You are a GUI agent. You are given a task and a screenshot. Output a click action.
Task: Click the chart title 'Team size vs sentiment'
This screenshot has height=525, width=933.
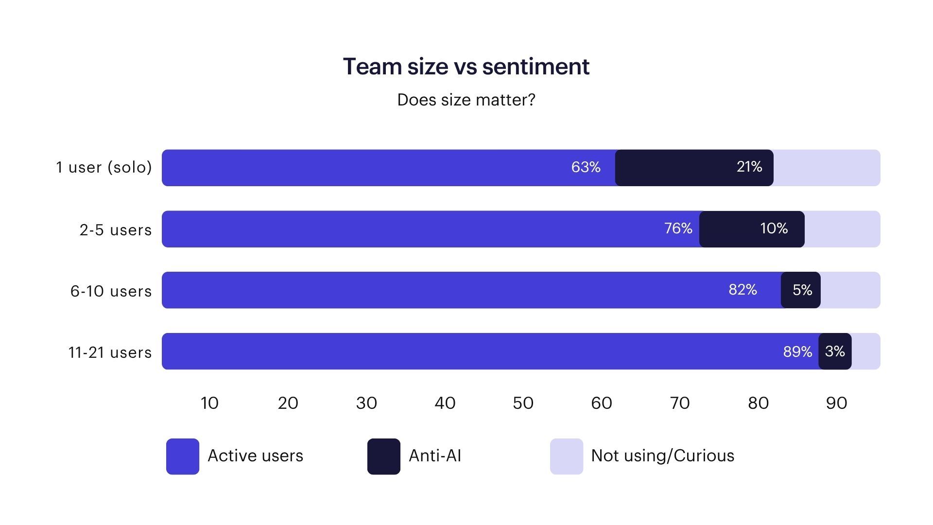[466, 67]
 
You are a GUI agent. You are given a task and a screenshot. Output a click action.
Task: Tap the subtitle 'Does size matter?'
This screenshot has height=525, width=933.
[466, 100]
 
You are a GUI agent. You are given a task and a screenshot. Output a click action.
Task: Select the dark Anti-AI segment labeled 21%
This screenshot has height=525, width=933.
[694, 168]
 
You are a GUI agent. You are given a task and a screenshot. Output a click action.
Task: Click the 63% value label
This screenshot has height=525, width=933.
[586, 167]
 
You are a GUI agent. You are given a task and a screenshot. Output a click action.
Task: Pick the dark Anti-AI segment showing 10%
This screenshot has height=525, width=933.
[751, 229]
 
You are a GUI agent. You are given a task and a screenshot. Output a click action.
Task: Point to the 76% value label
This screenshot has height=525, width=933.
[678, 228]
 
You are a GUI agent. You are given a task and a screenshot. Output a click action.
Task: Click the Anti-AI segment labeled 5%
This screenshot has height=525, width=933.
[800, 290]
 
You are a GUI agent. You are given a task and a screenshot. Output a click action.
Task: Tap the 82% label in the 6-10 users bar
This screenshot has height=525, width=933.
[743, 290]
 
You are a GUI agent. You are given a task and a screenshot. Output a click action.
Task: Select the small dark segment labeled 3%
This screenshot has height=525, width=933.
[835, 351]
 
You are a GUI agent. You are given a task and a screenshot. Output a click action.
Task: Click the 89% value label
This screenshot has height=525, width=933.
[797, 351]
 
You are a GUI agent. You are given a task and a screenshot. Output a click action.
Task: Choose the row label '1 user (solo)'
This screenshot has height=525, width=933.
[104, 168]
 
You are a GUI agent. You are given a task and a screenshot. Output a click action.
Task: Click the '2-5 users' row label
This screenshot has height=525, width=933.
[116, 229]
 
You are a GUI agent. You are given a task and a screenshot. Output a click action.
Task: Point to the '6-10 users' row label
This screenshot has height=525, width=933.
[111, 291]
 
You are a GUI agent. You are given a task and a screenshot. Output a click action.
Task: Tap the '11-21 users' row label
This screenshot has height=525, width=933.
[110, 352]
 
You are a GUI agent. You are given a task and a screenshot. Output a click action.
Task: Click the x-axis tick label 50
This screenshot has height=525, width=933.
[523, 403]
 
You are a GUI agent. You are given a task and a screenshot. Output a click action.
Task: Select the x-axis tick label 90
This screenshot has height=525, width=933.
[836, 403]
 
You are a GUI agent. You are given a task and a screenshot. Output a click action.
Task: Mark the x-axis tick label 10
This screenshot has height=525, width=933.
[209, 403]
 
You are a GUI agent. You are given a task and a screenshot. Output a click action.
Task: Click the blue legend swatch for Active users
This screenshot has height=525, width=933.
[183, 456]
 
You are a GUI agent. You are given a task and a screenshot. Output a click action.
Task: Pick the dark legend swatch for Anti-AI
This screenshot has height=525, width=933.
[383, 456]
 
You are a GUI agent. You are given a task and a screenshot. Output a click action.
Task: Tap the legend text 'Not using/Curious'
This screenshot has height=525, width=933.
[662, 456]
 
